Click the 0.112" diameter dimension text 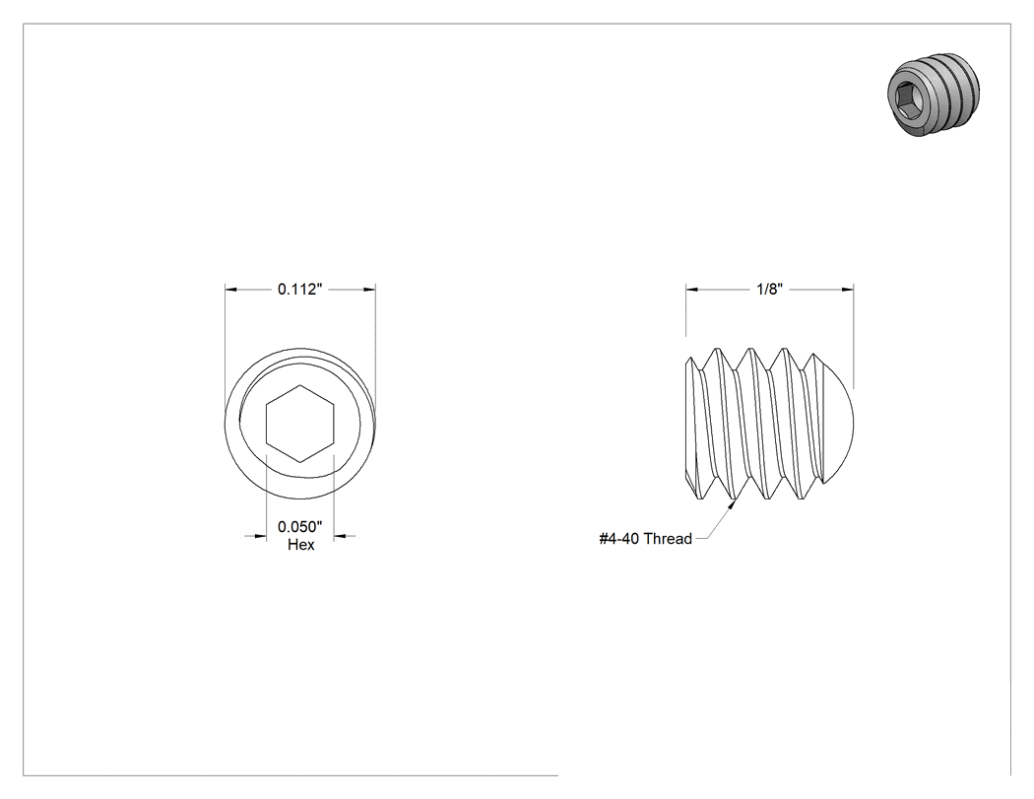(300, 289)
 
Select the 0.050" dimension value (300, 526)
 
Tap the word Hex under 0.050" (300, 544)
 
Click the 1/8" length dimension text (769, 289)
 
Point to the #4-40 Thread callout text (646, 538)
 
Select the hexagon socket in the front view (300, 424)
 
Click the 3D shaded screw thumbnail (934, 94)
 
